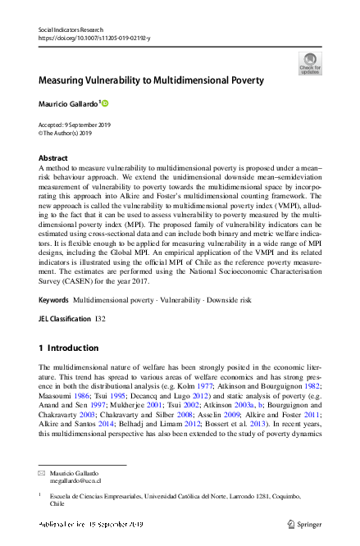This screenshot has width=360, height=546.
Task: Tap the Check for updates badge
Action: tap(310, 63)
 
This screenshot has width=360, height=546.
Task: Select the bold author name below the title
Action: tap(68, 103)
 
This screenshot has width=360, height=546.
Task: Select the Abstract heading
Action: tap(53, 157)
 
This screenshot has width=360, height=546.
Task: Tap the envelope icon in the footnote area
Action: tap(43, 475)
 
